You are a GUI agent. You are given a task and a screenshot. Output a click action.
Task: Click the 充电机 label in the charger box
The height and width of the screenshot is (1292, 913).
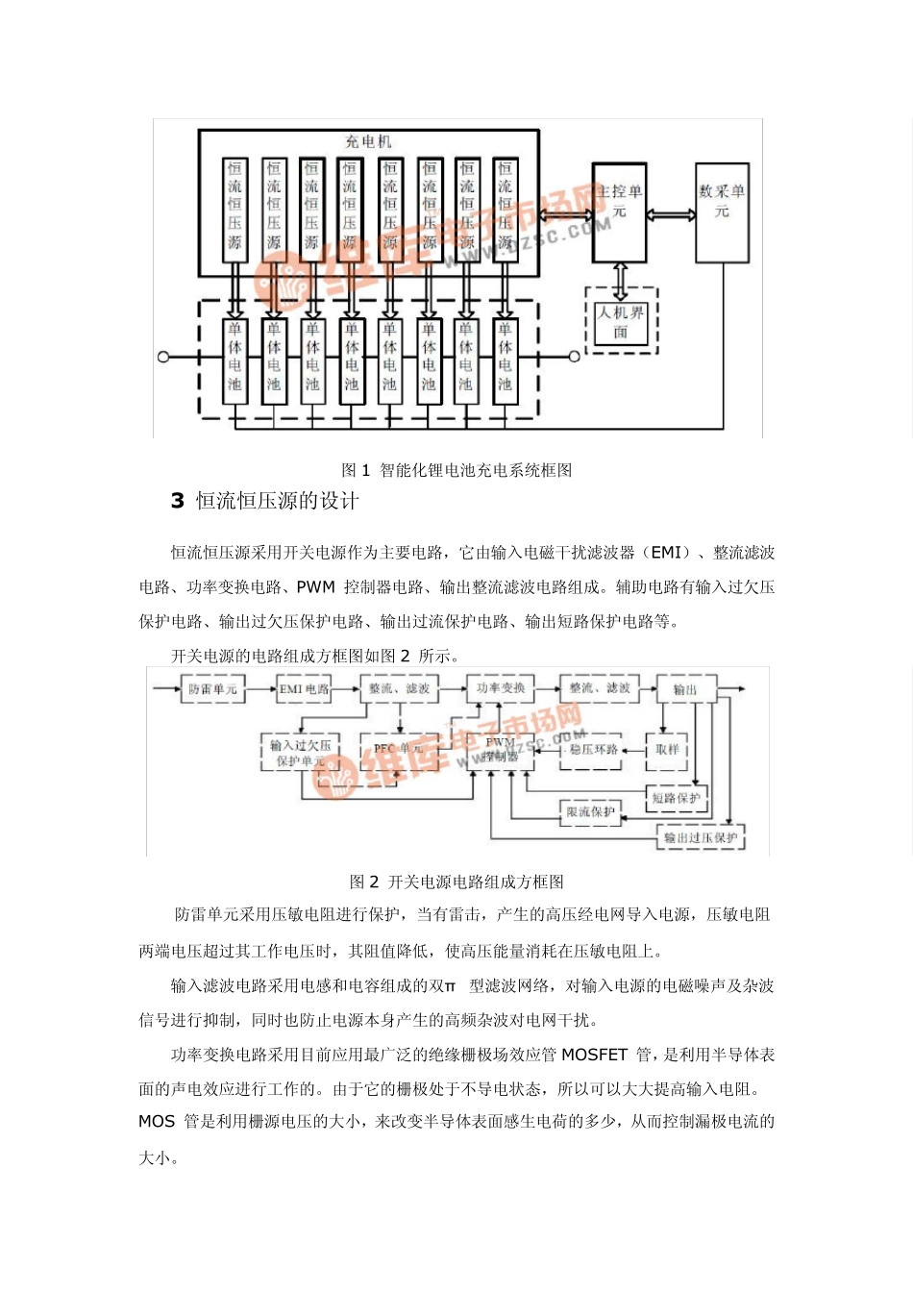[x=369, y=141]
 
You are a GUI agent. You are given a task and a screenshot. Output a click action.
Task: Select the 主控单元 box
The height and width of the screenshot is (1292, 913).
[x=620, y=212]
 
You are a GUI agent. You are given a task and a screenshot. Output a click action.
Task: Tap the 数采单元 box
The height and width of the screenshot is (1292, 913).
[x=722, y=212]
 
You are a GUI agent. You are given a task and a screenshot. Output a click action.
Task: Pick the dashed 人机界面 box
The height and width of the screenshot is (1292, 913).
[x=621, y=321]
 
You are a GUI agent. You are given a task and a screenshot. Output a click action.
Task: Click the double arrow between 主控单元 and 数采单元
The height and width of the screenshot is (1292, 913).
[x=671, y=214]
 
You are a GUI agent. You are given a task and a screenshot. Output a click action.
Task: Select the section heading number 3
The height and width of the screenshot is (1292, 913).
[x=178, y=501]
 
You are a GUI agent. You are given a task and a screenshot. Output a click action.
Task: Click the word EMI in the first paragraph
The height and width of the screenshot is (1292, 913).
[x=666, y=553]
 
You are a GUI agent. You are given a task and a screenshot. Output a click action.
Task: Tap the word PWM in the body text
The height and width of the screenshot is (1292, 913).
[x=315, y=587]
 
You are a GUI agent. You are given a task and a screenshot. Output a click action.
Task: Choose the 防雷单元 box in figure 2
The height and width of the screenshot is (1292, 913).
[x=212, y=689]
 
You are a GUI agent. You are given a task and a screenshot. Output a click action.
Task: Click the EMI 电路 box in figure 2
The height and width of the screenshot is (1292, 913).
[x=304, y=689]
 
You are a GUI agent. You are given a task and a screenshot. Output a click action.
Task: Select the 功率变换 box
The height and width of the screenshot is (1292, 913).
[x=501, y=688]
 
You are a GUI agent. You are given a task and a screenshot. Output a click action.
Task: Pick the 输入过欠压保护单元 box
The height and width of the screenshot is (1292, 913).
[x=300, y=753]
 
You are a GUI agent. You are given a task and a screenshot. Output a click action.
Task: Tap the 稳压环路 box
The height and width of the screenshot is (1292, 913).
[x=593, y=750]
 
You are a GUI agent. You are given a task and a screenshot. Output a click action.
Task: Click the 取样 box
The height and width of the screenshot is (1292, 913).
[x=667, y=750]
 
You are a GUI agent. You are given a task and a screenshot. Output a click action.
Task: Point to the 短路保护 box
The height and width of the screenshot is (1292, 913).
[x=677, y=798]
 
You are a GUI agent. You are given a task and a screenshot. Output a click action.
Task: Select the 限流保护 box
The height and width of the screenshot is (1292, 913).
[x=590, y=812]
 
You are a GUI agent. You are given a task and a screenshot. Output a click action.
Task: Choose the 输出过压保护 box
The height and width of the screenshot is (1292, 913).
[x=701, y=837]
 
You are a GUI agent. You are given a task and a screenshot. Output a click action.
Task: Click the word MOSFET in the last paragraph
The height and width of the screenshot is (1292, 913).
[x=594, y=1056]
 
